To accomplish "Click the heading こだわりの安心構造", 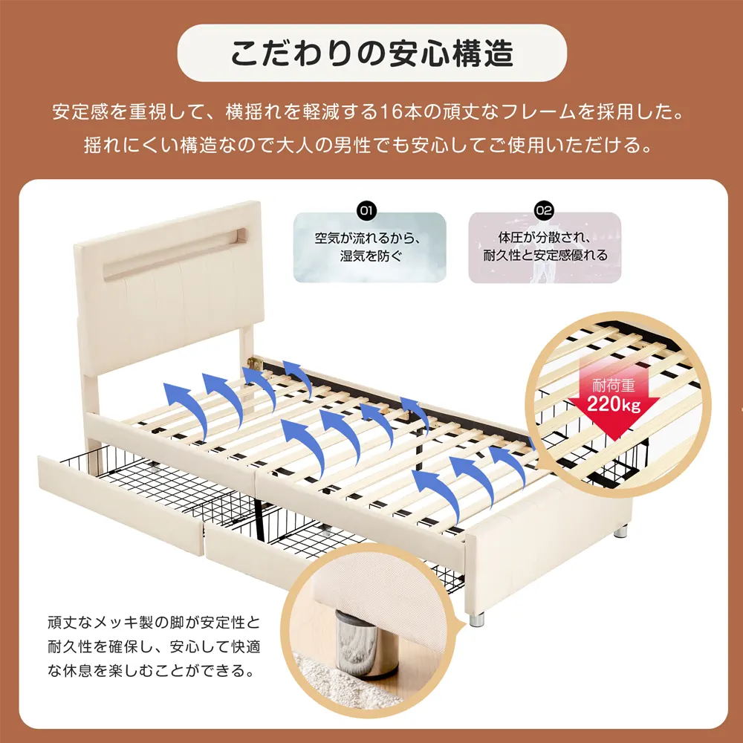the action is tap(371, 53).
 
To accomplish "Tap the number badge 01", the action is tap(366, 210).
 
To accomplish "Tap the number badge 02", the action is tap(544, 210).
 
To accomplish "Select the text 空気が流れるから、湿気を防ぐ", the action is tap(369, 248).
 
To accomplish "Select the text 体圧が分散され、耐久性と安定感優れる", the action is tap(545, 248).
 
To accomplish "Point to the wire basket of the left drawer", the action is tap(149, 479).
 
